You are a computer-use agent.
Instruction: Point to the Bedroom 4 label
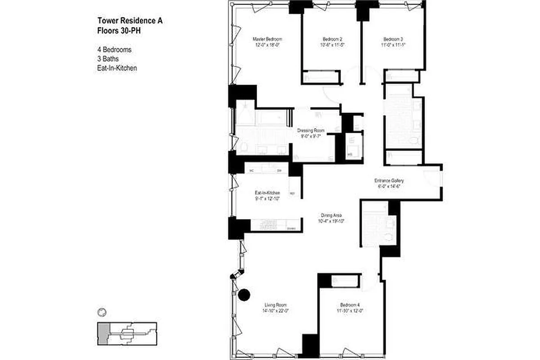[349, 305]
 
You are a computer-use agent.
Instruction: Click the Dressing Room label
[311, 131]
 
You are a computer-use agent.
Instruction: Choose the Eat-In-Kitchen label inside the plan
[268, 193]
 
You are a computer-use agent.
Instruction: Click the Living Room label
[276, 305]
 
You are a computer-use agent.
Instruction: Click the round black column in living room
[244, 295]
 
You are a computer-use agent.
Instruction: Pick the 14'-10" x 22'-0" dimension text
[276, 310]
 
